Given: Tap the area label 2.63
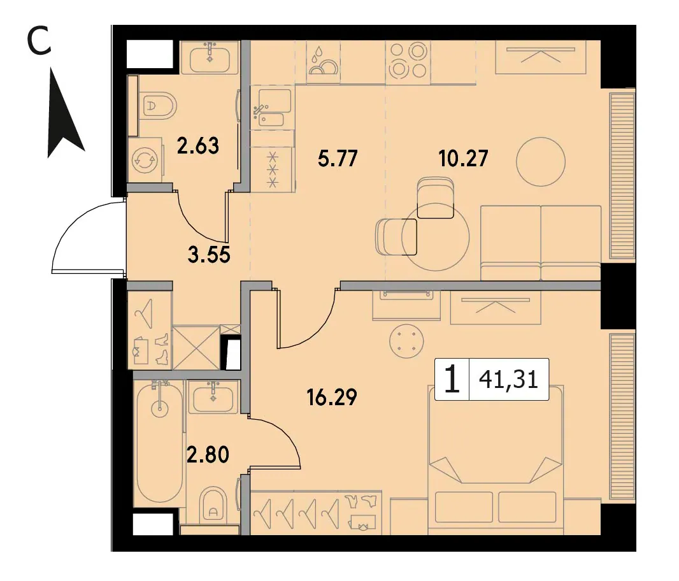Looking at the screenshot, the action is click(198, 146).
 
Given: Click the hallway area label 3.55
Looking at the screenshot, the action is click(209, 255).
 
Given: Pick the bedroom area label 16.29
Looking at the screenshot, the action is click(332, 397).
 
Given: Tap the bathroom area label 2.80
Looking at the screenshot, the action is click(208, 455).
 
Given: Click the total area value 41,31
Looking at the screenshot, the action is click(508, 380).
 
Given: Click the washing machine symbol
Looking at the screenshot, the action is click(145, 161).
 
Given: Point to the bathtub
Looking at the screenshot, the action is click(159, 443).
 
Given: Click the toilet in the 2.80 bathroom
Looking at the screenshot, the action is click(213, 505).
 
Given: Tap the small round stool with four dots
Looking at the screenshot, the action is click(405, 341).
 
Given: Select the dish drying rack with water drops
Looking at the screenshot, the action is click(322, 62).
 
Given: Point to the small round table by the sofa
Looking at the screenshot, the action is click(541, 161).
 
